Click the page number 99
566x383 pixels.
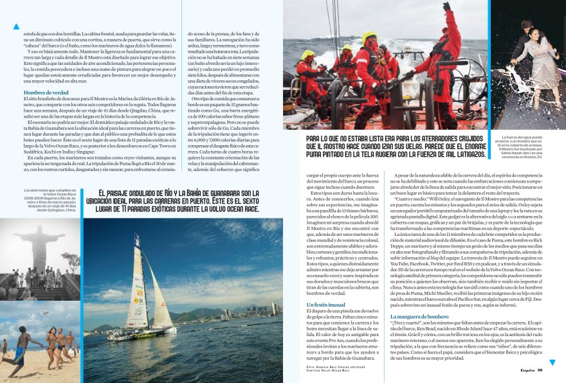point(540,370)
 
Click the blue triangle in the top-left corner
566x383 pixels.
point(17,26)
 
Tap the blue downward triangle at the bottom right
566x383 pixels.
point(552,363)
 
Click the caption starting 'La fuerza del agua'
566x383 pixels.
point(525,147)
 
